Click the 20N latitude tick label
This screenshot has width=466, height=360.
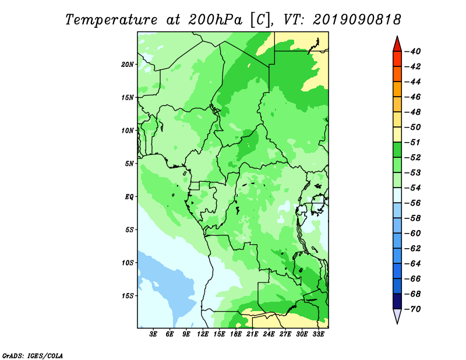pos(128,64)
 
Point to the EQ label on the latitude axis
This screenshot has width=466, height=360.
pos(129,197)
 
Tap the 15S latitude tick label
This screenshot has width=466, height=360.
pos(128,296)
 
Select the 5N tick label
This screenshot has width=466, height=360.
pos(129,164)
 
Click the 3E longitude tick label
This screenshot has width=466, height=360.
pos(153,334)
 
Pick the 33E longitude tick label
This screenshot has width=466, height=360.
pos(318,334)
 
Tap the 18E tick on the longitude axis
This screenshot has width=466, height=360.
pos(236,334)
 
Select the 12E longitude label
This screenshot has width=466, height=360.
pos(203,334)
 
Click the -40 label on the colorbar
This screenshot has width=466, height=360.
pos(413,51)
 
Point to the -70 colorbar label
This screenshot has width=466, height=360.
pos(413,309)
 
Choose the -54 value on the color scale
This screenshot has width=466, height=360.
pos(413,188)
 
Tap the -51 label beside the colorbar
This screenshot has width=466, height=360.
pos(413,142)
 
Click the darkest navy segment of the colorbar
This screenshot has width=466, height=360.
pos(397,301)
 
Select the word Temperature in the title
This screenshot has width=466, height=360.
pos(111,20)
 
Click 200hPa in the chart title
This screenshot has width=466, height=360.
pos(216,20)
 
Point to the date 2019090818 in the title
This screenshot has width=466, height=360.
pos(357,20)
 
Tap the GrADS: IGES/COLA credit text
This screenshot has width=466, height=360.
pos(33,356)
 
